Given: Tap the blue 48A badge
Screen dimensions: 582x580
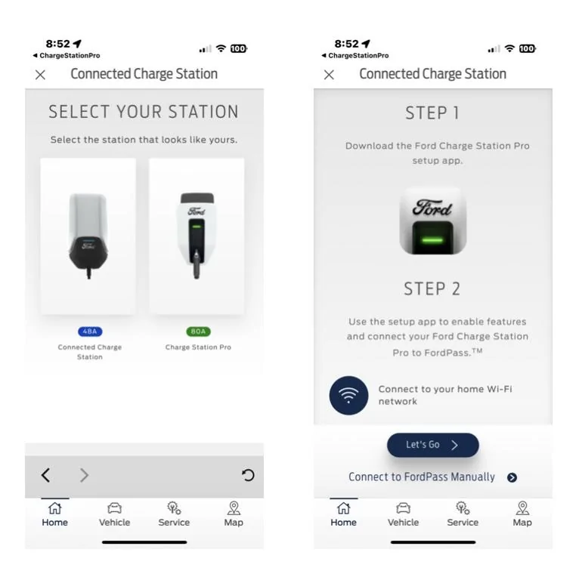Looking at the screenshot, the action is click(x=90, y=332).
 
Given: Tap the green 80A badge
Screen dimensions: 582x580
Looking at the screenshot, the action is click(x=198, y=332).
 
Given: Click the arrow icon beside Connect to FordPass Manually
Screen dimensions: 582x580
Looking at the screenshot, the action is click(x=512, y=477).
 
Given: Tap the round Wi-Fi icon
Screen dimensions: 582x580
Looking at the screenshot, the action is click(x=348, y=395).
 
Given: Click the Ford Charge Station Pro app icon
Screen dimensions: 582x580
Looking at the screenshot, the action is click(x=433, y=221).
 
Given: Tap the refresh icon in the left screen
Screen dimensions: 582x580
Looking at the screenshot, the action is click(x=248, y=475).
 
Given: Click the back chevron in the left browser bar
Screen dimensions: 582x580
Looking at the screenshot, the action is click(x=45, y=475).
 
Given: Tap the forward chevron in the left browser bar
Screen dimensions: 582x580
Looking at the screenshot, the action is click(x=84, y=475).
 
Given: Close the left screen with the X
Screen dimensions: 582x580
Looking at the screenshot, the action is click(x=41, y=75).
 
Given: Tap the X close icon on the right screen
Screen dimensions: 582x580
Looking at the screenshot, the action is click(x=329, y=75).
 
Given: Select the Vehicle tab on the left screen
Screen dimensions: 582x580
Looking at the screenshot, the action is click(x=114, y=514).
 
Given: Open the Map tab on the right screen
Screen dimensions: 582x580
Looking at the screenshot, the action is click(x=522, y=514).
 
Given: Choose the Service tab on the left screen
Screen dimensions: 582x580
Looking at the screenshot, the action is click(x=174, y=514).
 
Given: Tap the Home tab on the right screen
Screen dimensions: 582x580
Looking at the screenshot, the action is click(x=343, y=514).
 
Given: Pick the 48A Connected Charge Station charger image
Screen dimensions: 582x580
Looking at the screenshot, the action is click(x=88, y=236).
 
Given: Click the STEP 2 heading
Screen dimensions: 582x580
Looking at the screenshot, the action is click(x=432, y=289).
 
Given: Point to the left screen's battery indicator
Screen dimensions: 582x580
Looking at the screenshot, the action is click(x=238, y=48).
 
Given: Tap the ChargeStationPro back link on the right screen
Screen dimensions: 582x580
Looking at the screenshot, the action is click(x=355, y=56).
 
